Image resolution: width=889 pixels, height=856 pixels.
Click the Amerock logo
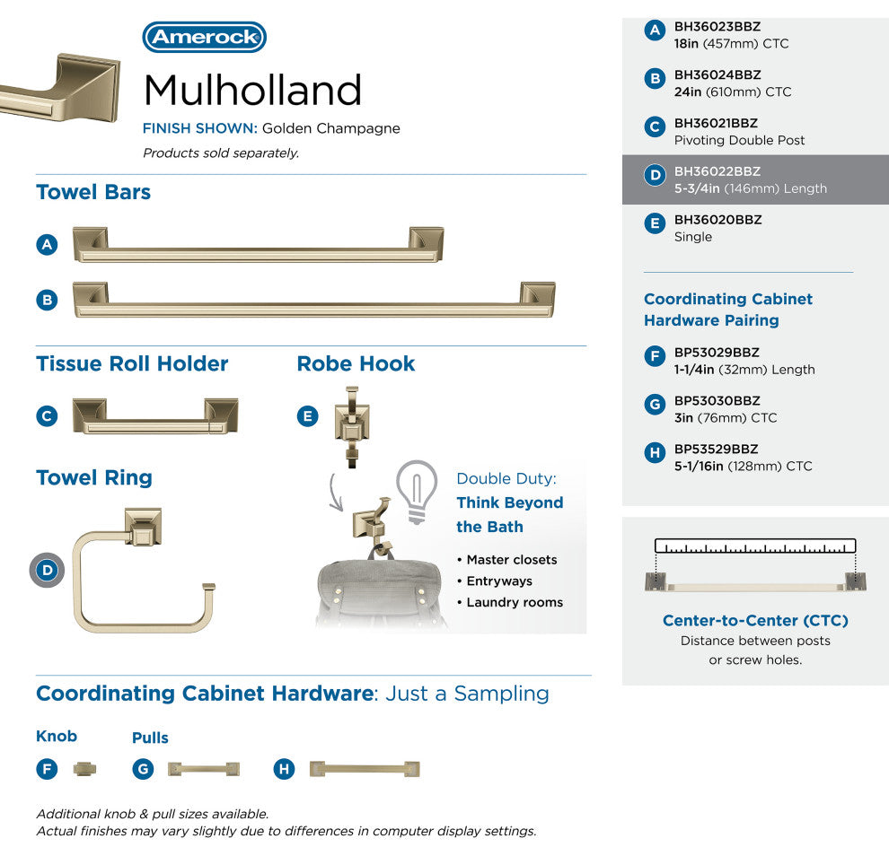coord(204,37)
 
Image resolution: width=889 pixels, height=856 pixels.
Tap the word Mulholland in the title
coord(253,90)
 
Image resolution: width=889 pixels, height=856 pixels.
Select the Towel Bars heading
coord(93,192)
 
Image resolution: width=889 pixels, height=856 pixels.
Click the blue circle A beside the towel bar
coord(47,245)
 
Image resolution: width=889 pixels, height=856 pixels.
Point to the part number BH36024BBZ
coord(717,74)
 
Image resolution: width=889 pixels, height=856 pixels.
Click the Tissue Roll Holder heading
coord(132,363)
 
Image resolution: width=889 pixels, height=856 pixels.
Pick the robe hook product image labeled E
coord(352,427)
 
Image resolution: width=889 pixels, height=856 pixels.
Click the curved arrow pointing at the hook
coord(335,493)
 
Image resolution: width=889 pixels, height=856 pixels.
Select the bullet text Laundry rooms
coord(515,602)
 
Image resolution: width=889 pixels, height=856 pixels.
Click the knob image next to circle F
coord(85,769)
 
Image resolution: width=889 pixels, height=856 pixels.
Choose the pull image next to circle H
coord(365,769)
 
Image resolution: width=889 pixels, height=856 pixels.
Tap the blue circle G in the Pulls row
coord(143,769)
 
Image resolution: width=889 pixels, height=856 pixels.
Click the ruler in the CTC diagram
coord(755,546)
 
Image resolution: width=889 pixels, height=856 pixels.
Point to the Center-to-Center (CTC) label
coord(755,620)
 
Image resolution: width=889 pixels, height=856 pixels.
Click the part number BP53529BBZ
coord(716,450)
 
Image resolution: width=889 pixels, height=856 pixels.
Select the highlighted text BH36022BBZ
coord(717,171)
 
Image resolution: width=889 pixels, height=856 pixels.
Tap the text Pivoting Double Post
coord(739,140)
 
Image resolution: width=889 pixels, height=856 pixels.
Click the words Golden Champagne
coord(331,128)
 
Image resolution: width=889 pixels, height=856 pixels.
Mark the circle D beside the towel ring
coord(47,570)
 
